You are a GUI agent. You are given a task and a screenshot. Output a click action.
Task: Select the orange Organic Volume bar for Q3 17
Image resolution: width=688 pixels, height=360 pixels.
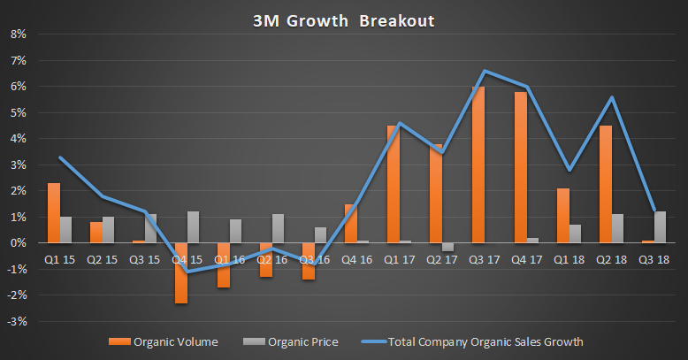478,165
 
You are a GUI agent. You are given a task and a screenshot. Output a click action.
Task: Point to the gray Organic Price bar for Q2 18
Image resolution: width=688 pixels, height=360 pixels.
618,228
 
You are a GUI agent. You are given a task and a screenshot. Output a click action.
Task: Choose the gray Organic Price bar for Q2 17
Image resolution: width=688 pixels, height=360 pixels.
448,247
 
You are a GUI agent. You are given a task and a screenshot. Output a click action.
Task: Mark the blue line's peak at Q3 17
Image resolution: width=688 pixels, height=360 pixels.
485,71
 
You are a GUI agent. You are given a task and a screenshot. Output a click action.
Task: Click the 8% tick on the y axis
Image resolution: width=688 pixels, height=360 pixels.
18,34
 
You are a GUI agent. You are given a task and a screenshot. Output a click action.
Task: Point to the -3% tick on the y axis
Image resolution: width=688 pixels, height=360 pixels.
16,321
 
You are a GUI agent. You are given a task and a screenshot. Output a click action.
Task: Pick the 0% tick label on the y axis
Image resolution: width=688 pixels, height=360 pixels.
18,243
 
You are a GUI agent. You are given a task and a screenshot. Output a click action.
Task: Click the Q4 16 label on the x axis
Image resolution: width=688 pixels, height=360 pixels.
356,260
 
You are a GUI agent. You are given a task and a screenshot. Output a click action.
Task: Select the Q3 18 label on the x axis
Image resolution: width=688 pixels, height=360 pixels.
654,260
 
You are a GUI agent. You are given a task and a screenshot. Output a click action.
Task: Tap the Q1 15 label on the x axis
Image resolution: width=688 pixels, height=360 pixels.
59,260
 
